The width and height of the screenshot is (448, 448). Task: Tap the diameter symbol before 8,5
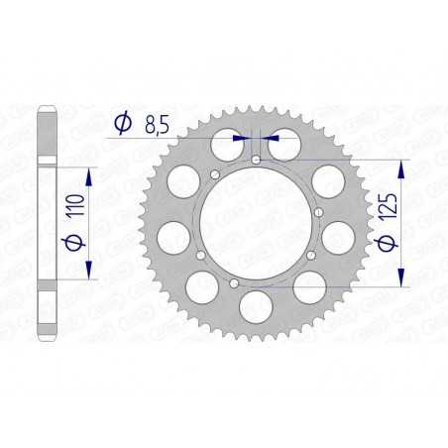tap(121, 124)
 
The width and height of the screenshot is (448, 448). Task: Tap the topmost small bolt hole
tap(256, 159)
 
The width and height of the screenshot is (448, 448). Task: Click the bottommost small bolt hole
tap(233, 282)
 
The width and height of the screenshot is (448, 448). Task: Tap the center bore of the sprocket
tap(256, 221)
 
